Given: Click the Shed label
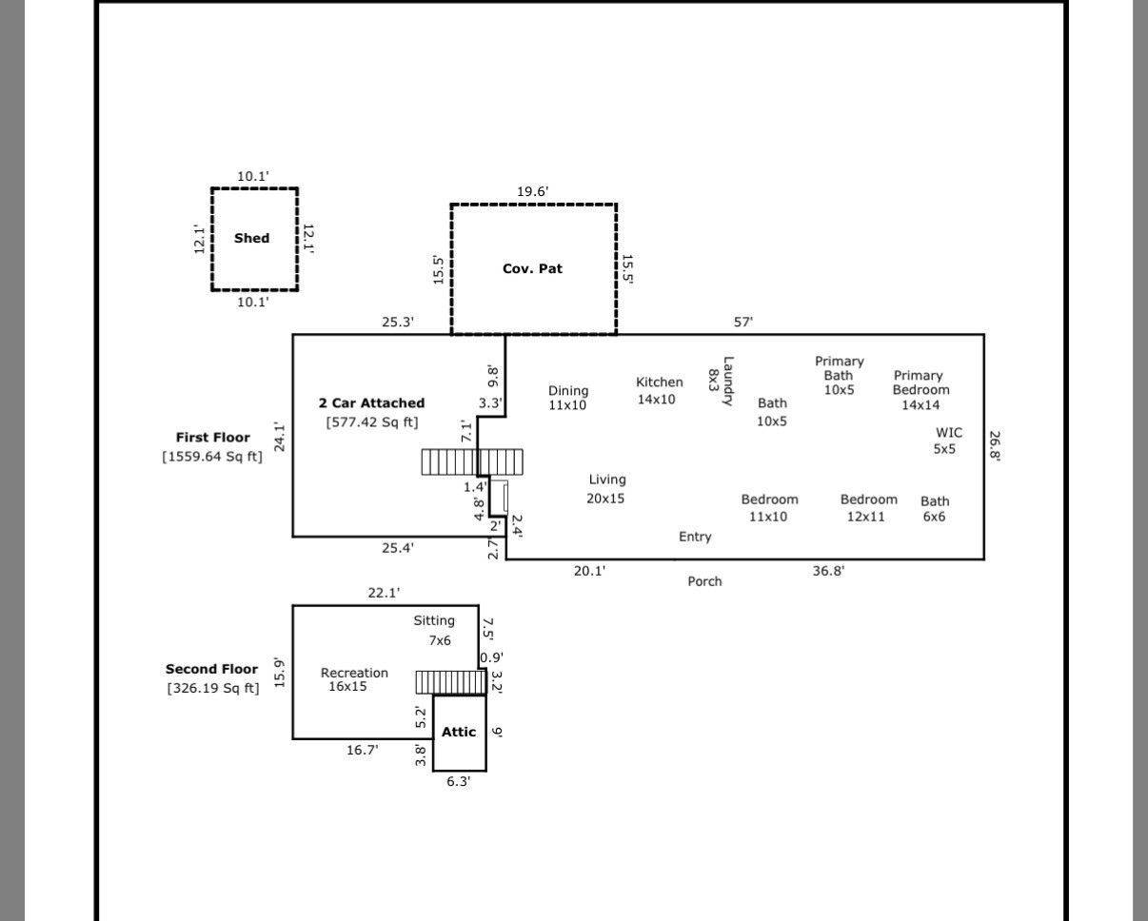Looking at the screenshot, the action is point(252,239).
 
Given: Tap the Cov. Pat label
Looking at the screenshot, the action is point(532,268).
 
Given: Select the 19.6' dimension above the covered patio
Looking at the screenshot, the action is point(532,191).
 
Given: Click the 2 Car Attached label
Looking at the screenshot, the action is point(372,403).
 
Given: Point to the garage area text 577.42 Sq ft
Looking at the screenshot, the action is point(372,422).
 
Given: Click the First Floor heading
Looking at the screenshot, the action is point(213,438).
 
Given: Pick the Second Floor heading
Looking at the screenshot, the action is point(211,669).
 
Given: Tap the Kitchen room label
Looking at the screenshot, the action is point(660,382).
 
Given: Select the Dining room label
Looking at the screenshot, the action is point(568,391).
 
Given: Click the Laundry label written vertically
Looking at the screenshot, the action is point(728,382).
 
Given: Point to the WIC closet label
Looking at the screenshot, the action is point(949,433).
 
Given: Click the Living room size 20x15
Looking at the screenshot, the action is point(605,499).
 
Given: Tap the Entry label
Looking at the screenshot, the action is point(695,537).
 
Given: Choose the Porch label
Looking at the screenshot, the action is point(704,581).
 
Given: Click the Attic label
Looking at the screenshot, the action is point(459,733).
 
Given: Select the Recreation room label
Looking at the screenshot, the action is point(354,673).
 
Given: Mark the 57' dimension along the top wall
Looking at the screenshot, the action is point(743,323).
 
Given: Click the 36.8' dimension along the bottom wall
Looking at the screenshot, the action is point(828,571).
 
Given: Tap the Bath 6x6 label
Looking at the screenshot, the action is point(935,509).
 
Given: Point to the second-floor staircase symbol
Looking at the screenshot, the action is point(451,682).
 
